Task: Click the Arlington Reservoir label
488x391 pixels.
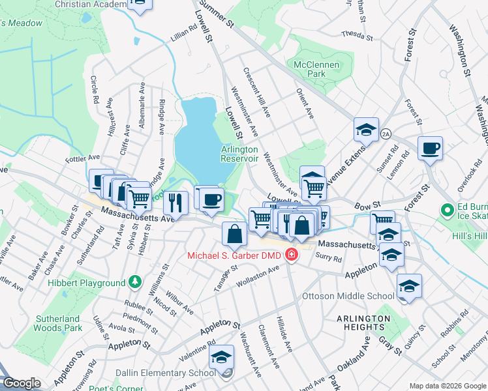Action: point(239,154)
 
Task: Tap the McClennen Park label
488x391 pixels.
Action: point(310,70)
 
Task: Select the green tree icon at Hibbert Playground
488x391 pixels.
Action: point(135,282)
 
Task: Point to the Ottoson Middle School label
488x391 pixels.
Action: point(348,296)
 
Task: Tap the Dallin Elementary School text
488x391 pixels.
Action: point(166,373)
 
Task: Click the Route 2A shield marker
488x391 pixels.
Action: point(386,133)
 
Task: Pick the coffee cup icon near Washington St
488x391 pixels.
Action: point(431,149)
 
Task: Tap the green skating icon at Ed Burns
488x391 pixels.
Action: point(448,210)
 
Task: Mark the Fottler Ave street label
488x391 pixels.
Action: point(82,158)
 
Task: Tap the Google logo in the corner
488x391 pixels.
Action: point(21,383)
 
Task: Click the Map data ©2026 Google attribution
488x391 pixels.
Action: point(448,386)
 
